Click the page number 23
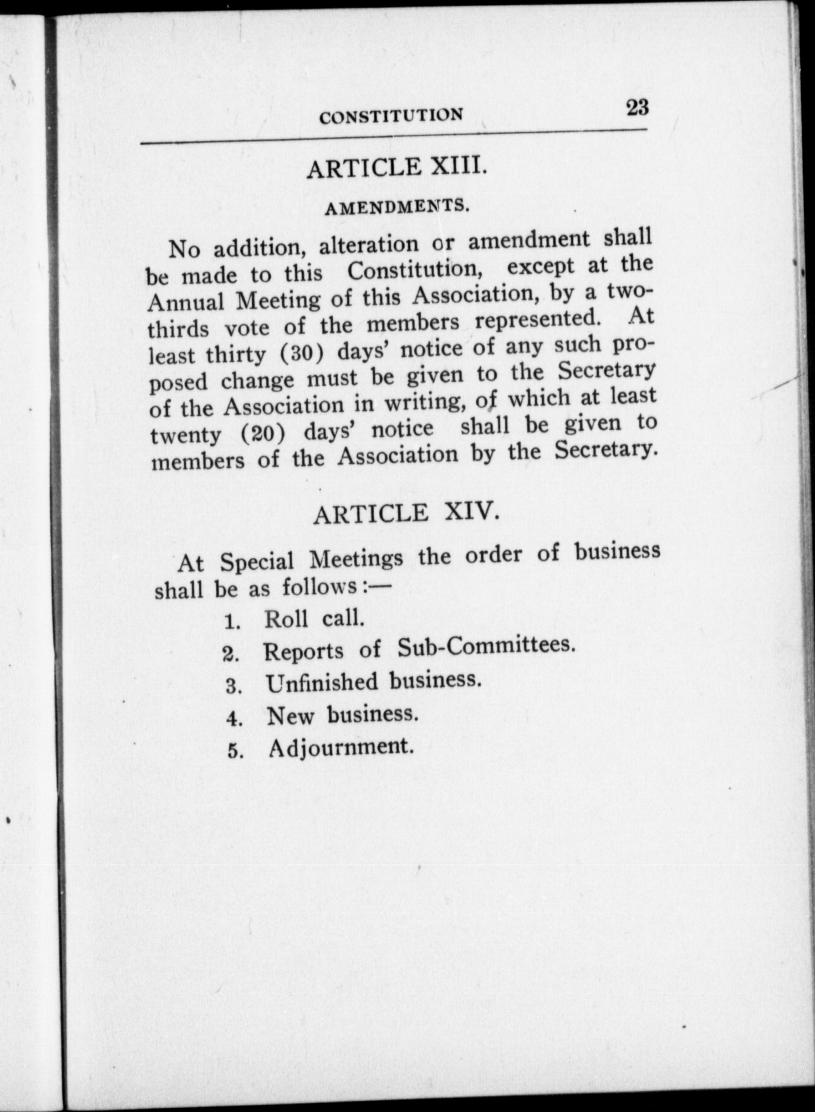pos(637,108)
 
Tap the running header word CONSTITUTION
pos(391,116)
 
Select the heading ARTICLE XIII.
pos(396,167)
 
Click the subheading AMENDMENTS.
pos(396,207)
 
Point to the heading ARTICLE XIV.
pos(406,513)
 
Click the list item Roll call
pos(314,618)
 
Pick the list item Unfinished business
pos(373,682)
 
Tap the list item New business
pos(342,715)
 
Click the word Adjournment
pos(341,747)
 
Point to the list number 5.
pos(234,751)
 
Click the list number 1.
pos(233,622)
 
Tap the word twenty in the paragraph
pos(186,435)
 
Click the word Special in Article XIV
pos(256,562)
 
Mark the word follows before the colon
pos(319,587)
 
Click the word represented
pos(537,319)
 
